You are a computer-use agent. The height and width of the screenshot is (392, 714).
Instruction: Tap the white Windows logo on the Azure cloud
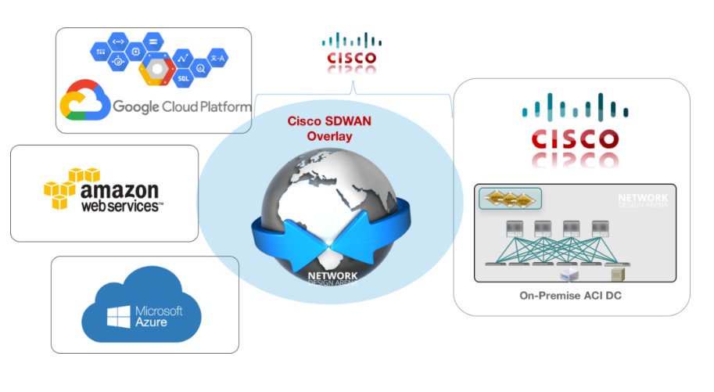point(118,316)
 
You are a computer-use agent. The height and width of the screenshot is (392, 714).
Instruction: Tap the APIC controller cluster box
point(509,200)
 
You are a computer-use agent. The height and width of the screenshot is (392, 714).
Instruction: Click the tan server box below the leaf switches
point(618,274)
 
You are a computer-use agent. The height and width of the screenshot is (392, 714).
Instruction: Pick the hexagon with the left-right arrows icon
point(119,41)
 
